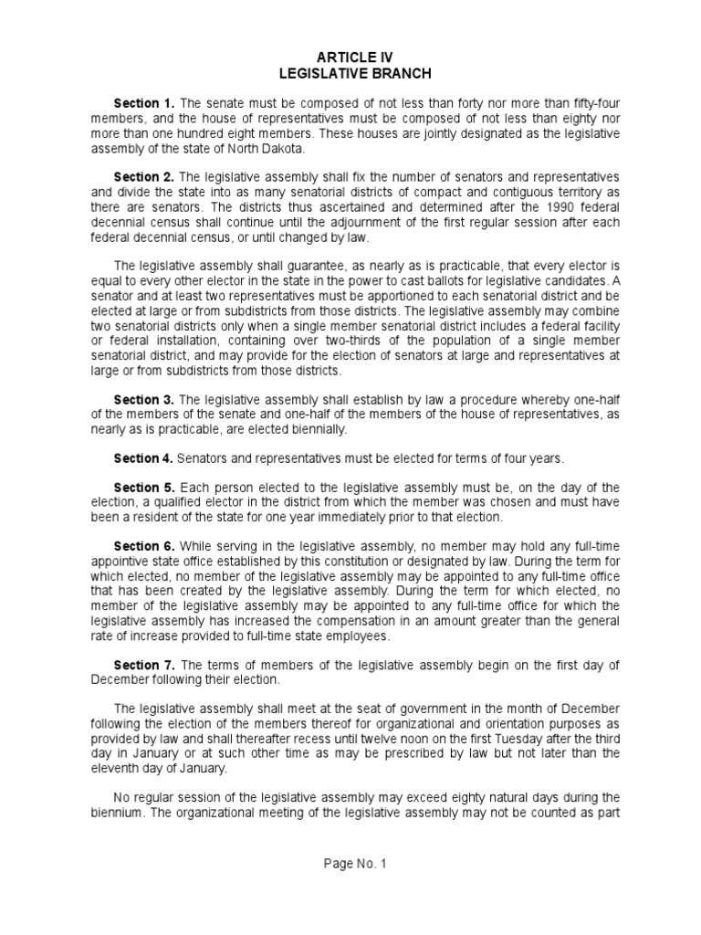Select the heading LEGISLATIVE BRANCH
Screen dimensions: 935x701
coord(355,73)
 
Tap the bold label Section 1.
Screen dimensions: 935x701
coord(144,103)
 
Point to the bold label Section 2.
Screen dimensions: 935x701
coord(144,176)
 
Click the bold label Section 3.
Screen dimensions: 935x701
coord(144,400)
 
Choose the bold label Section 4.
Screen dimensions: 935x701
coord(143,458)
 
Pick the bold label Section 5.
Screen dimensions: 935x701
coord(144,488)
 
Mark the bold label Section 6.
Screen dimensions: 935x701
coord(144,546)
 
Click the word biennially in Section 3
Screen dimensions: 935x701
coord(319,429)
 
